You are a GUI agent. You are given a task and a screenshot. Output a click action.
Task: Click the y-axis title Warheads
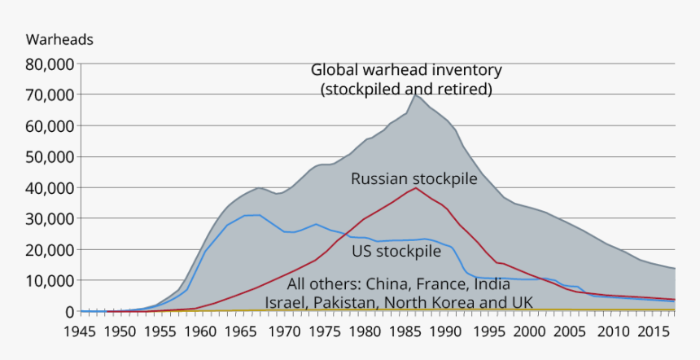coord(59,39)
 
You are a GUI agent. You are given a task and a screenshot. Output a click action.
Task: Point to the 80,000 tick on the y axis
coord(52,64)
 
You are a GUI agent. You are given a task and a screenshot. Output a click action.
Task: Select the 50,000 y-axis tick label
coord(52,156)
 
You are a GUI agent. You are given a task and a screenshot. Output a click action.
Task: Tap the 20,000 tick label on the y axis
coord(52,249)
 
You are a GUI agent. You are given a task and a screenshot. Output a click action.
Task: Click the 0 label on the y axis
coord(69,311)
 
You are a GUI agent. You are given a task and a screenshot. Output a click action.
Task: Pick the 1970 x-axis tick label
coord(285,331)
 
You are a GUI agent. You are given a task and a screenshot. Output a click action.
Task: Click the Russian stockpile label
coord(413,178)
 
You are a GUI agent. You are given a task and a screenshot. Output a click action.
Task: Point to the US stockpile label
coord(396,251)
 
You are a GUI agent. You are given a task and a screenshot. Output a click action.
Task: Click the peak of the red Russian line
coord(416,187)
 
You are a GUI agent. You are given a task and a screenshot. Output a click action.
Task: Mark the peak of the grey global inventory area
coord(415,94)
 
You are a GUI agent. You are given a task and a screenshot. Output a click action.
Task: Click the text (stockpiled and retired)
coord(406,88)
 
